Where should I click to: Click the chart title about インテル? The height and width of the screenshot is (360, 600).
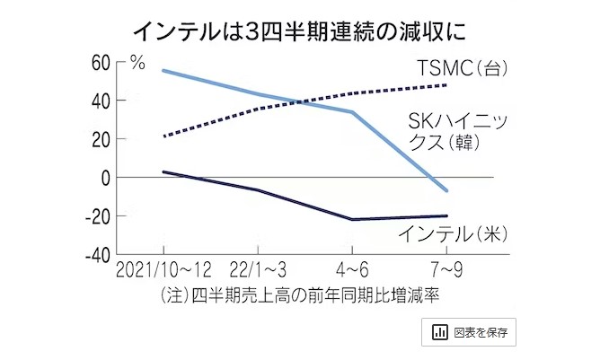[x=299, y=31]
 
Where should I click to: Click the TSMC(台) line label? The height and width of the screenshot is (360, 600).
[x=455, y=68]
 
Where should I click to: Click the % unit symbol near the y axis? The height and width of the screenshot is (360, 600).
[x=137, y=62]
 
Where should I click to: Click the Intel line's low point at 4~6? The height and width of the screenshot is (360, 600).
[x=352, y=219]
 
